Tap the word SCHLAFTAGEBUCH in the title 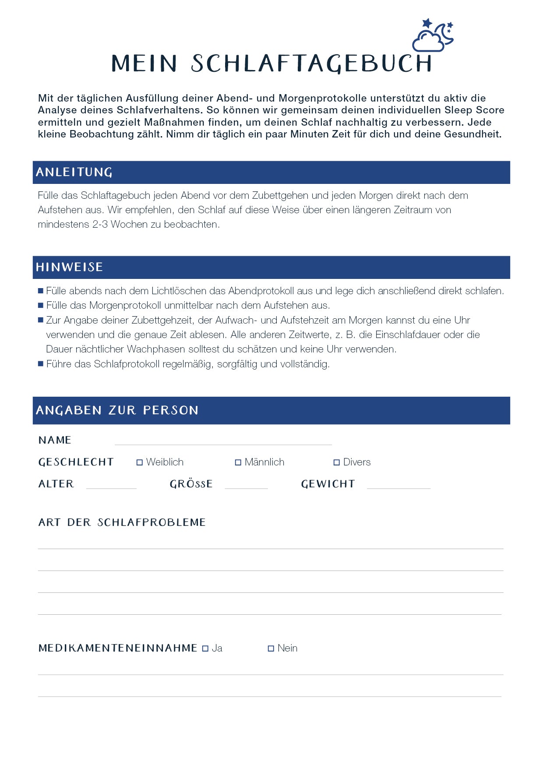(311, 64)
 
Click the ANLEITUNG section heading (74, 173)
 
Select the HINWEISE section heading (69, 267)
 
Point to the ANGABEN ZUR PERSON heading (117, 410)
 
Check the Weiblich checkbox (140, 462)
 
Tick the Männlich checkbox (238, 462)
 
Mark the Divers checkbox (337, 462)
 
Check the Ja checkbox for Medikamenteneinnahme (205, 648)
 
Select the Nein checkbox (271, 648)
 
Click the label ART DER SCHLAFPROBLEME (122, 522)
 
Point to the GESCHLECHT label (76, 462)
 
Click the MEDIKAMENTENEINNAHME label (118, 648)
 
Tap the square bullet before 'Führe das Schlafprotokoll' (41, 364)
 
